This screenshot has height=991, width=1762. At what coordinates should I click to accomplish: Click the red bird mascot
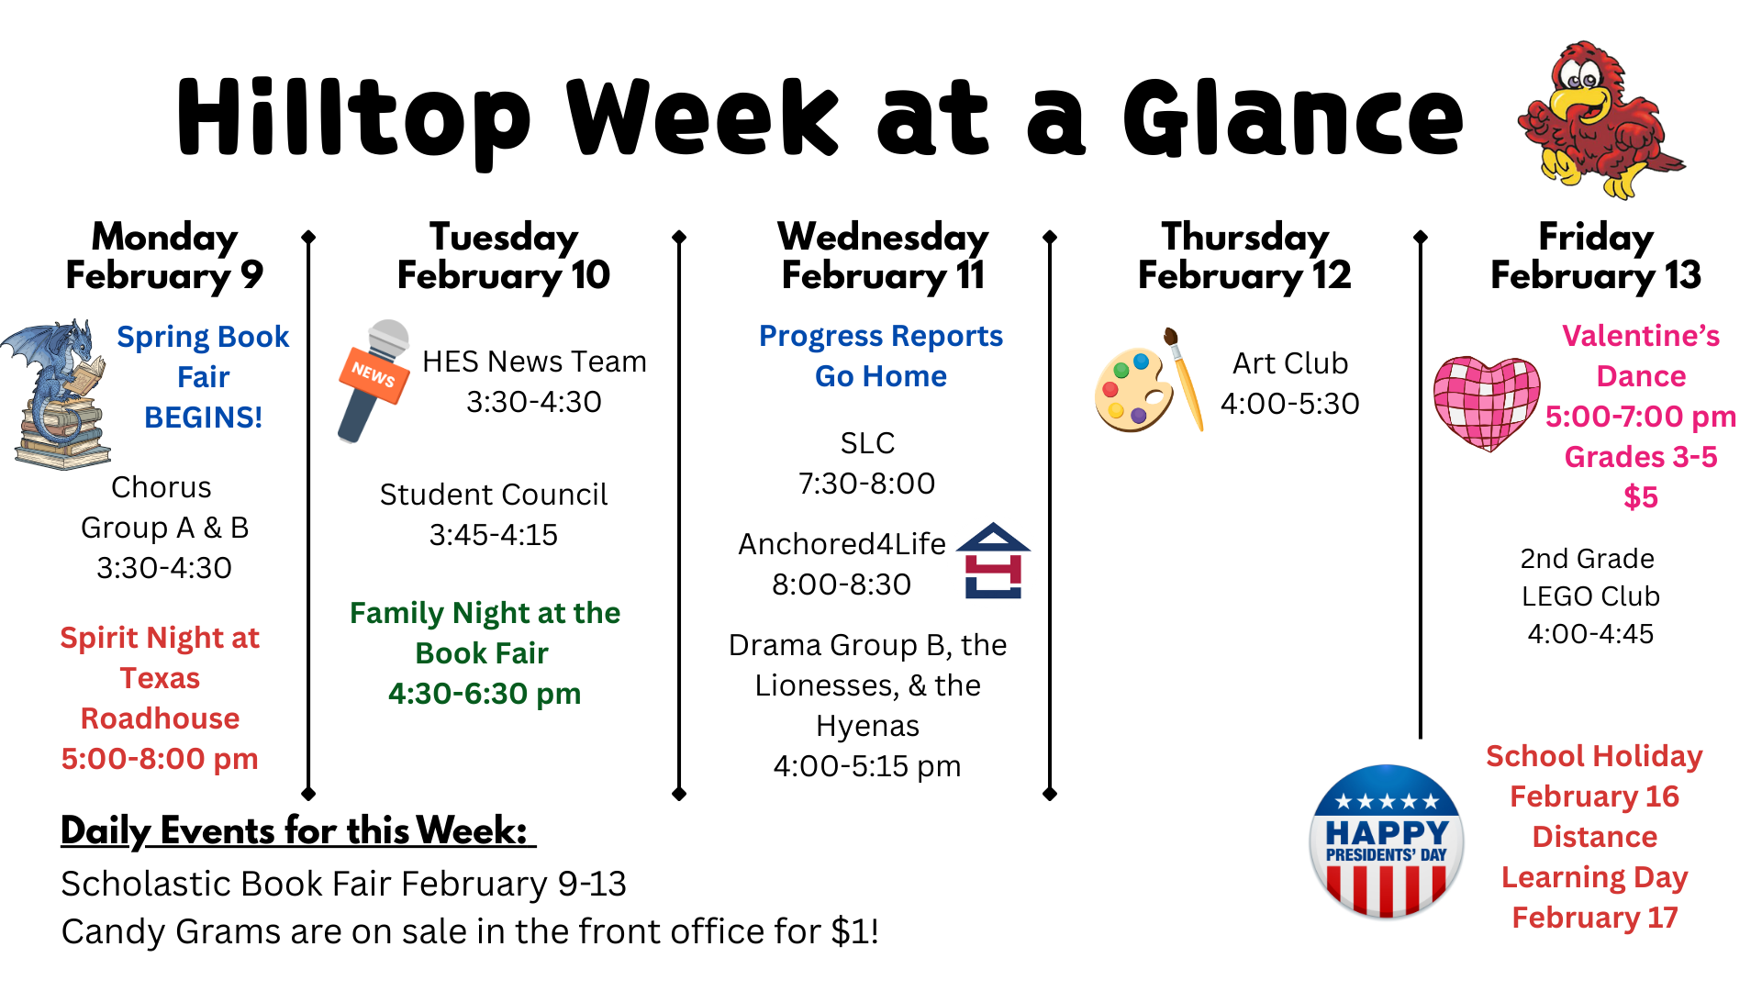coord(1600,119)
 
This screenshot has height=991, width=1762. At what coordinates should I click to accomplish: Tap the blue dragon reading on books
coord(57,395)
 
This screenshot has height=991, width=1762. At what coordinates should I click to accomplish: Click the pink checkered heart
coord(1486,402)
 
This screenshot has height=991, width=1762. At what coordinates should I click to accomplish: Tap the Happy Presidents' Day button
coord(1386,841)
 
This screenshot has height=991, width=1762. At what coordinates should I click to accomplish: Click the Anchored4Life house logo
coord(993,561)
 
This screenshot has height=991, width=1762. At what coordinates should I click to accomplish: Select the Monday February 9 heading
coord(164,256)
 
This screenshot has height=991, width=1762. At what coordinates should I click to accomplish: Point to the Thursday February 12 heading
coord(1244,256)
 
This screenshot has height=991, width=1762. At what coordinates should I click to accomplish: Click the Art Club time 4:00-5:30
coord(1289,404)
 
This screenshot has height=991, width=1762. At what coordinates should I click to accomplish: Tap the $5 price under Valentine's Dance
coord(1640,497)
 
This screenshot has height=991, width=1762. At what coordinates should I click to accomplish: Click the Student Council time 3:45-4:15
coord(493,535)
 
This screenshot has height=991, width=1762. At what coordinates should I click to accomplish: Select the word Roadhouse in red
coord(160,718)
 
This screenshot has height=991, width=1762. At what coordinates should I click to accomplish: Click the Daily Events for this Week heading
coord(296,831)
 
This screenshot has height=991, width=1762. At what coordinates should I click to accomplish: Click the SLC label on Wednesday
coord(867,443)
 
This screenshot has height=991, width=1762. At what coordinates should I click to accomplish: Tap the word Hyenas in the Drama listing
coord(867,726)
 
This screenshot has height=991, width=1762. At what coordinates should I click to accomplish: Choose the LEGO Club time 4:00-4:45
coord(1589,634)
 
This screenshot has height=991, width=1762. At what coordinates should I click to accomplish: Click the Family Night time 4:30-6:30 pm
coord(485,694)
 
